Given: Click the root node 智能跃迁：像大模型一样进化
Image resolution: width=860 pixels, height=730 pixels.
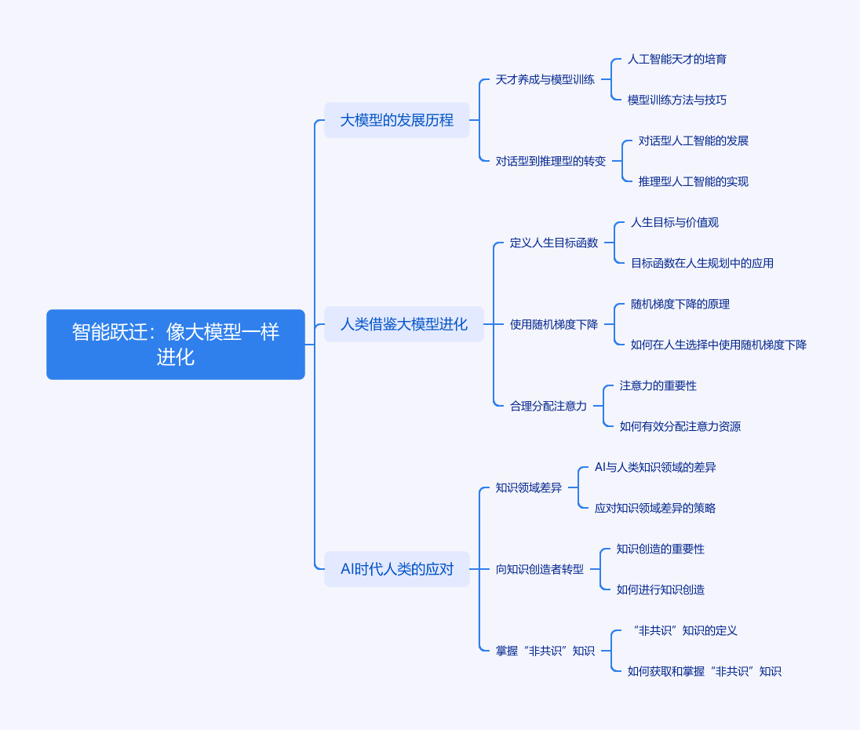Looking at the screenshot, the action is coord(176,345).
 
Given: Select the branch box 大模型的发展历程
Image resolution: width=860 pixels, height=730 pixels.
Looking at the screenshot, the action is coord(397,120).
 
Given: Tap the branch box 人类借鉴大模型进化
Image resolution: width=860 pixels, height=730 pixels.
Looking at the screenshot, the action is coord(404,324).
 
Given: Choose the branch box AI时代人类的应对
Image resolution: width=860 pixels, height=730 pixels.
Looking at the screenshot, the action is coord(397,569).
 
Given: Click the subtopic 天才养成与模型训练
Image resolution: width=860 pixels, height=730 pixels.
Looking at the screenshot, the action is coord(545,79).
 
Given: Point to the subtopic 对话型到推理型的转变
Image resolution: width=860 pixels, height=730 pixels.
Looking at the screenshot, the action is coord(551,161).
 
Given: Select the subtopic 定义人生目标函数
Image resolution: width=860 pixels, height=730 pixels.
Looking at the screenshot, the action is coord(554,243).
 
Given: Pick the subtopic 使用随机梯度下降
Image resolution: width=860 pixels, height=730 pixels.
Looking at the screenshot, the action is coord(554,324).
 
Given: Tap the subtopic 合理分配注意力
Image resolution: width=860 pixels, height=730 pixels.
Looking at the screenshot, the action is coord(548,406).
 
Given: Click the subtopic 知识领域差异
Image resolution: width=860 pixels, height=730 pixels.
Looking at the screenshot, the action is coord(529,487).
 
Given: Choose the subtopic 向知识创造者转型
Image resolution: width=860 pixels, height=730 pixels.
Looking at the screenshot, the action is coord(540,569).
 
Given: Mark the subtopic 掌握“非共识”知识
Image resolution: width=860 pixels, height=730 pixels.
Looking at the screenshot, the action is coord(545,651).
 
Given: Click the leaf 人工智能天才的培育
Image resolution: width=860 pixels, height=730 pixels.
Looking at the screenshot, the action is coord(677,59).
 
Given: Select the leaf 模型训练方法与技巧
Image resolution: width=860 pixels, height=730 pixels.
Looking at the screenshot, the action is coord(677,100).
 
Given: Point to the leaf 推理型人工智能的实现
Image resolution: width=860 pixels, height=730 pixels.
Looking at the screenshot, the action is coord(694,181).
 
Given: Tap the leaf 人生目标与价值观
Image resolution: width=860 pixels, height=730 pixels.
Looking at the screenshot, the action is coord(675,222).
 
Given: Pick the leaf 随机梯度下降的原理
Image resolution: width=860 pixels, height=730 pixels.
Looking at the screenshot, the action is coord(680,304).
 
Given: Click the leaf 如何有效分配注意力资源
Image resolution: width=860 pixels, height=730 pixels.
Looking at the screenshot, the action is coord(680,426).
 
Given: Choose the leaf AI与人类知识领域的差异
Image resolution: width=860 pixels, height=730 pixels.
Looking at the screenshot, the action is coord(655,467).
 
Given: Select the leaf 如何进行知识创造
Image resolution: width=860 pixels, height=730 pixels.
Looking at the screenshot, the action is coord(661,589).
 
